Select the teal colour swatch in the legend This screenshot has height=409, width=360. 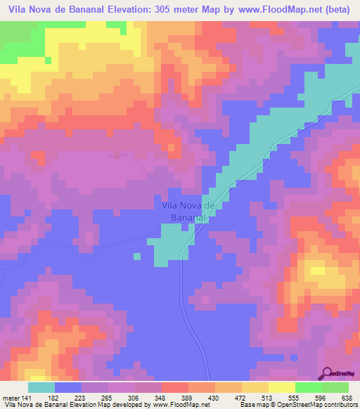[x=41, y=387]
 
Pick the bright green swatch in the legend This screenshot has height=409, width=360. [x=308, y=387]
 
